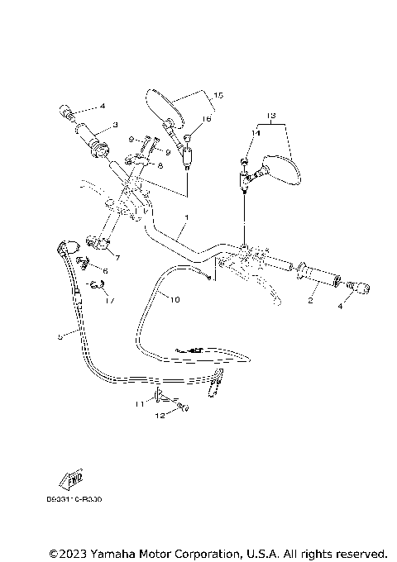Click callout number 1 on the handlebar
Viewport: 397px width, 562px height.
pyautogui.click(x=187, y=218)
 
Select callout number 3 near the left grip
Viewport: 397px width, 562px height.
pyautogui.click(x=116, y=124)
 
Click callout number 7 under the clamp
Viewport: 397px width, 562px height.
pyautogui.click(x=117, y=258)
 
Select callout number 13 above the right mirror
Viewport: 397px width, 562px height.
pyautogui.click(x=270, y=114)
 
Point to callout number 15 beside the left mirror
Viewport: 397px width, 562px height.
pyautogui.click(x=218, y=95)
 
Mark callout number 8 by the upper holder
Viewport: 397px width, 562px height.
pyautogui.click(x=159, y=165)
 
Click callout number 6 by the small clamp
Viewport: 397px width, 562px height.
pyautogui.click(x=104, y=270)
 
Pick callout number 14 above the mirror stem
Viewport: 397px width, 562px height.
pyautogui.click(x=256, y=132)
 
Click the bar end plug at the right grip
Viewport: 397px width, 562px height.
pyautogui.click(x=361, y=288)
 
